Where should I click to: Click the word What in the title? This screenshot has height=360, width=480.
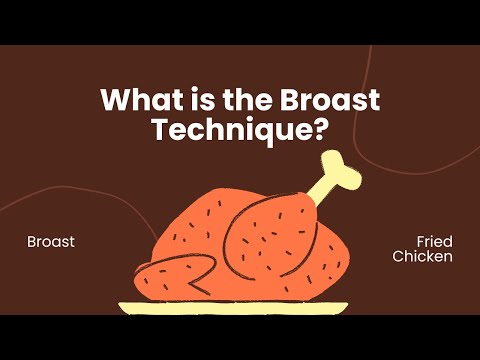(x=136, y=102)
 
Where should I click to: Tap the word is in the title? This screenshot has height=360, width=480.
(x=188, y=102)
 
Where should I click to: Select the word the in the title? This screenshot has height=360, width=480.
(x=231, y=102)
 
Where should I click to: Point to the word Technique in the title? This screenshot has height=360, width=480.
(x=226, y=130)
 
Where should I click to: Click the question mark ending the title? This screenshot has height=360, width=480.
(x=322, y=130)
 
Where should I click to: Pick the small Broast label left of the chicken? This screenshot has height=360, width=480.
(x=51, y=242)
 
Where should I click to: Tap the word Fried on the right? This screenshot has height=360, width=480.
(x=435, y=242)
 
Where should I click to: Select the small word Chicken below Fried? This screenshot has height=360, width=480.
(x=423, y=257)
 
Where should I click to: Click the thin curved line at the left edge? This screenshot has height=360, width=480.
(x=60, y=195)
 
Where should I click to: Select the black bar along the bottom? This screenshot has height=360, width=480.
(x=240, y=337)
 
